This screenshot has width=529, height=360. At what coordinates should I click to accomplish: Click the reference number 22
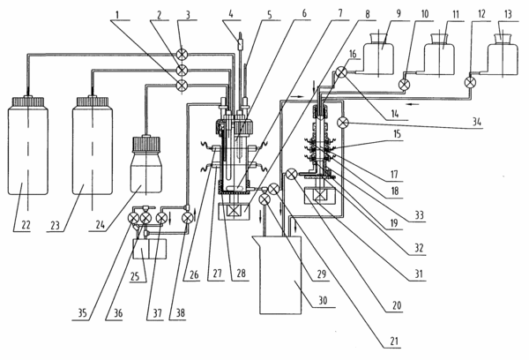click(26, 225)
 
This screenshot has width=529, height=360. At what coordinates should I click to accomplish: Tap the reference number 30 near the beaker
click(323, 300)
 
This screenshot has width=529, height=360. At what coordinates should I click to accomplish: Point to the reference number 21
click(394, 341)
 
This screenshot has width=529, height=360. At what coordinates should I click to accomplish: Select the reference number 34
click(477, 122)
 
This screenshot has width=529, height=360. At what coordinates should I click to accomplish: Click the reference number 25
click(135, 276)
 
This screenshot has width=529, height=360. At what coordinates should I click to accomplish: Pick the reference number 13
click(508, 14)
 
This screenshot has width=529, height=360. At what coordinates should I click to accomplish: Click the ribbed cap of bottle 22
click(28, 102)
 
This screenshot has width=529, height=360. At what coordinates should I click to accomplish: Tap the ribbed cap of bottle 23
click(93, 102)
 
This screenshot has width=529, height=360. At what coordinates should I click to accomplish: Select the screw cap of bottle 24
click(146, 144)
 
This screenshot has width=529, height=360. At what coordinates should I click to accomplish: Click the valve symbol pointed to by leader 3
click(183, 55)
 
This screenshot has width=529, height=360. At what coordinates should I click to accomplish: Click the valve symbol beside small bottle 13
click(470, 82)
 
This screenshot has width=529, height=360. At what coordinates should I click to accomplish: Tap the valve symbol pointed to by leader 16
click(341, 72)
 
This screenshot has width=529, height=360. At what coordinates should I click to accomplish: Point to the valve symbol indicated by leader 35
click(134, 218)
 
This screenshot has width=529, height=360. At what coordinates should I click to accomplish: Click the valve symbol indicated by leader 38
click(187, 218)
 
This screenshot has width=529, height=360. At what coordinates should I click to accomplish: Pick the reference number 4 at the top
click(231, 14)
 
